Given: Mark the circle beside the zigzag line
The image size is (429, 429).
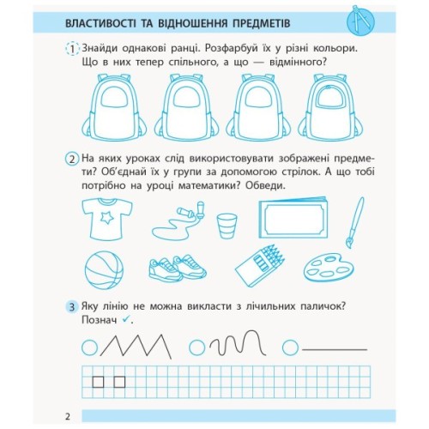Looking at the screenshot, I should [89, 347].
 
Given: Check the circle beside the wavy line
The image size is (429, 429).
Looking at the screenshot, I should [197, 347].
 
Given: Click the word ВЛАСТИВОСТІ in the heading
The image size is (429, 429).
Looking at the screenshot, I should [112, 18].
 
